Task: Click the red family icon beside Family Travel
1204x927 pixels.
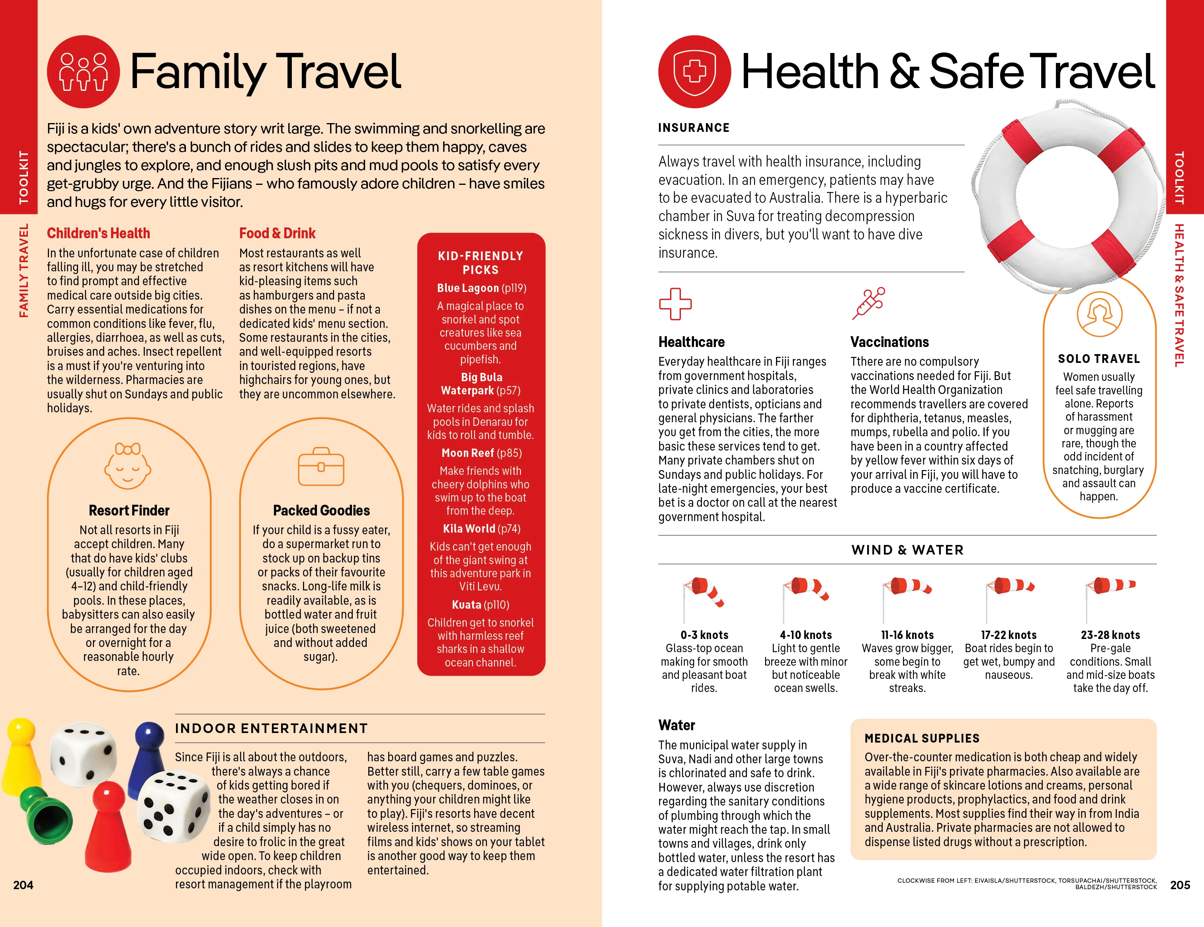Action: tap(83, 72)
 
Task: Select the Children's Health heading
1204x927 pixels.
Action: tap(98, 233)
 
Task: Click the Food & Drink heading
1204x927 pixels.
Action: tap(277, 233)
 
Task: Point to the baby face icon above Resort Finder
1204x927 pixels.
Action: tap(128, 466)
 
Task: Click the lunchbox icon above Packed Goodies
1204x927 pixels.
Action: tap(321, 466)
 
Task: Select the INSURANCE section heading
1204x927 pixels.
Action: tap(694, 128)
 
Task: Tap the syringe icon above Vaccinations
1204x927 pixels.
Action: tap(868, 303)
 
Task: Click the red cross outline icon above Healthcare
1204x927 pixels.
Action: tap(675, 304)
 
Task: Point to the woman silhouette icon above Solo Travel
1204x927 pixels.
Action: tap(1099, 314)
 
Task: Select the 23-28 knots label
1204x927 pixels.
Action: tap(1110, 635)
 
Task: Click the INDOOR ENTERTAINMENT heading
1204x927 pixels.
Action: tap(271, 729)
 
